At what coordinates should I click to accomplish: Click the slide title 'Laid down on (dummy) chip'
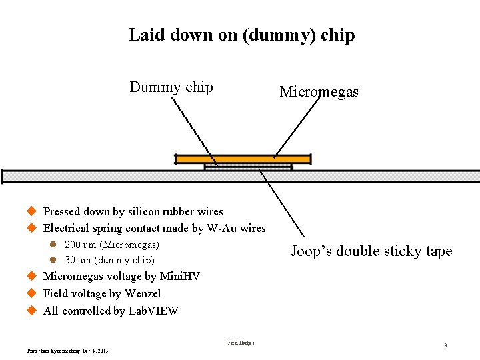pyautogui.click(x=241, y=35)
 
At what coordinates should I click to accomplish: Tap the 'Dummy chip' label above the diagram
pyautogui.click(x=171, y=87)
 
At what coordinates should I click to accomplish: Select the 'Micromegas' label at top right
pyautogui.click(x=319, y=92)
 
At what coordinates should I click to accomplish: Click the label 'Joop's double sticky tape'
pyautogui.click(x=371, y=251)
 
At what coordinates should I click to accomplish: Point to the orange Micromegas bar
pyautogui.click(x=243, y=159)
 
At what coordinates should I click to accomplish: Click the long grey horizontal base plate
pyautogui.click(x=100, y=176)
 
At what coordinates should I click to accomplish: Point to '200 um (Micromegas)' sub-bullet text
pyautogui.click(x=111, y=245)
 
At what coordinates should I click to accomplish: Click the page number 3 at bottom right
pyautogui.click(x=445, y=346)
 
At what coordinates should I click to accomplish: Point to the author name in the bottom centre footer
pyautogui.click(x=241, y=343)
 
